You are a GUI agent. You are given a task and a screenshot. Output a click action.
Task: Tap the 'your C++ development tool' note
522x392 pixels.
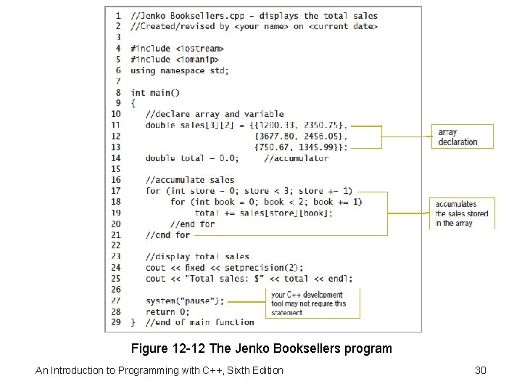click(x=308, y=303)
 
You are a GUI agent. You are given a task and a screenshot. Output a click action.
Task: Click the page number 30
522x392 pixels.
click(x=480, y=371)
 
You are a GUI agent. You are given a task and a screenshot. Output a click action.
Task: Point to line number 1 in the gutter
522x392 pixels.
click(x=117, y=15)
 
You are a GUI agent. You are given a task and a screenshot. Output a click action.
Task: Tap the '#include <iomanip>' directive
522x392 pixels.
click(x=174, y=60)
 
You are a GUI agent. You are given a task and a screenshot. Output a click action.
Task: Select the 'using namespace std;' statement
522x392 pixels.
click(x=179, y=70)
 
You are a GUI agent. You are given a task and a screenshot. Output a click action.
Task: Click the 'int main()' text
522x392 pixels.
click(x=155, y=92)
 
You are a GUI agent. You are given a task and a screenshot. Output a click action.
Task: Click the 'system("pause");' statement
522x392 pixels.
click(x=184, y=301)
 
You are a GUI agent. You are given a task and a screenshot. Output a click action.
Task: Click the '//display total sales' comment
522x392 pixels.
click(x=197, y=256)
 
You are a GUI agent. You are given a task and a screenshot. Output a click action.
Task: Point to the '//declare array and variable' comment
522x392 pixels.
click(x=214, y=114)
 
